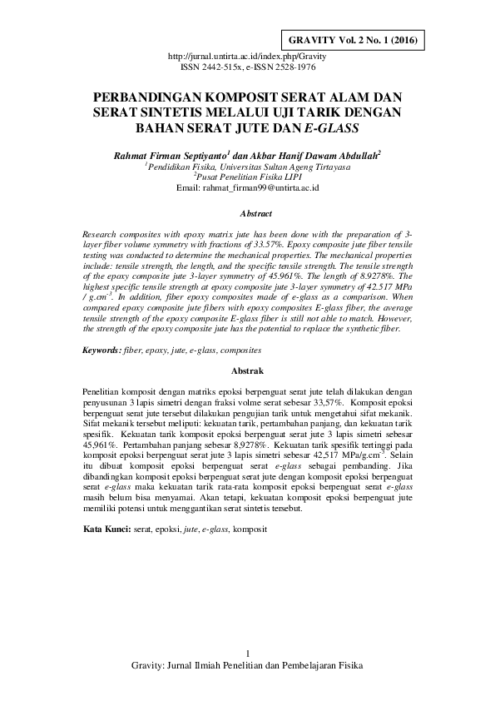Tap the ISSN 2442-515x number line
[x=247, y=65]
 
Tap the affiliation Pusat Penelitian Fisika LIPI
[x=248, y=176]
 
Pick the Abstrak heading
[x=247, y=369]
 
